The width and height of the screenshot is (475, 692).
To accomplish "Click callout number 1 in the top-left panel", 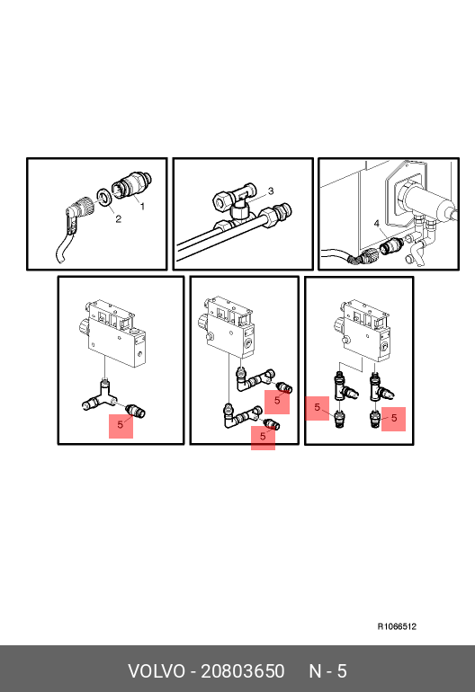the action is [142, 206].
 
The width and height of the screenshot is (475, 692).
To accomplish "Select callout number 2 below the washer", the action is [118, 219].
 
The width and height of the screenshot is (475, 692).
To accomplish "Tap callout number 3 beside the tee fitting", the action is [271, 191].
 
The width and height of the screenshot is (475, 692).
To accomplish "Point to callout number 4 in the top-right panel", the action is [376, 224].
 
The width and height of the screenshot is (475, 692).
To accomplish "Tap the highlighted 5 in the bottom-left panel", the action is [121, 425].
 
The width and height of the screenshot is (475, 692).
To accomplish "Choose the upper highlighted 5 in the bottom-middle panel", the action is [277, 401].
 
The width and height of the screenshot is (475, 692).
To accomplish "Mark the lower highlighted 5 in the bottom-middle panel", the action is [263, 437].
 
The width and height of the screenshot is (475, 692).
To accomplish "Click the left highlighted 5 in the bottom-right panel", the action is [318, 408].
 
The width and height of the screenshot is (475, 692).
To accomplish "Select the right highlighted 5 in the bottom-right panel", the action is [394, 419].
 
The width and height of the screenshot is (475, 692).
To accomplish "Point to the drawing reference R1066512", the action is [397, 626].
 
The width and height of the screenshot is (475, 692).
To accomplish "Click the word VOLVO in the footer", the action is [157, 671].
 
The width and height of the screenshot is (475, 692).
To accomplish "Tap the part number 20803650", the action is [243, 671].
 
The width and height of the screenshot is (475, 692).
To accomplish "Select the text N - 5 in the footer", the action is [327, 671].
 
